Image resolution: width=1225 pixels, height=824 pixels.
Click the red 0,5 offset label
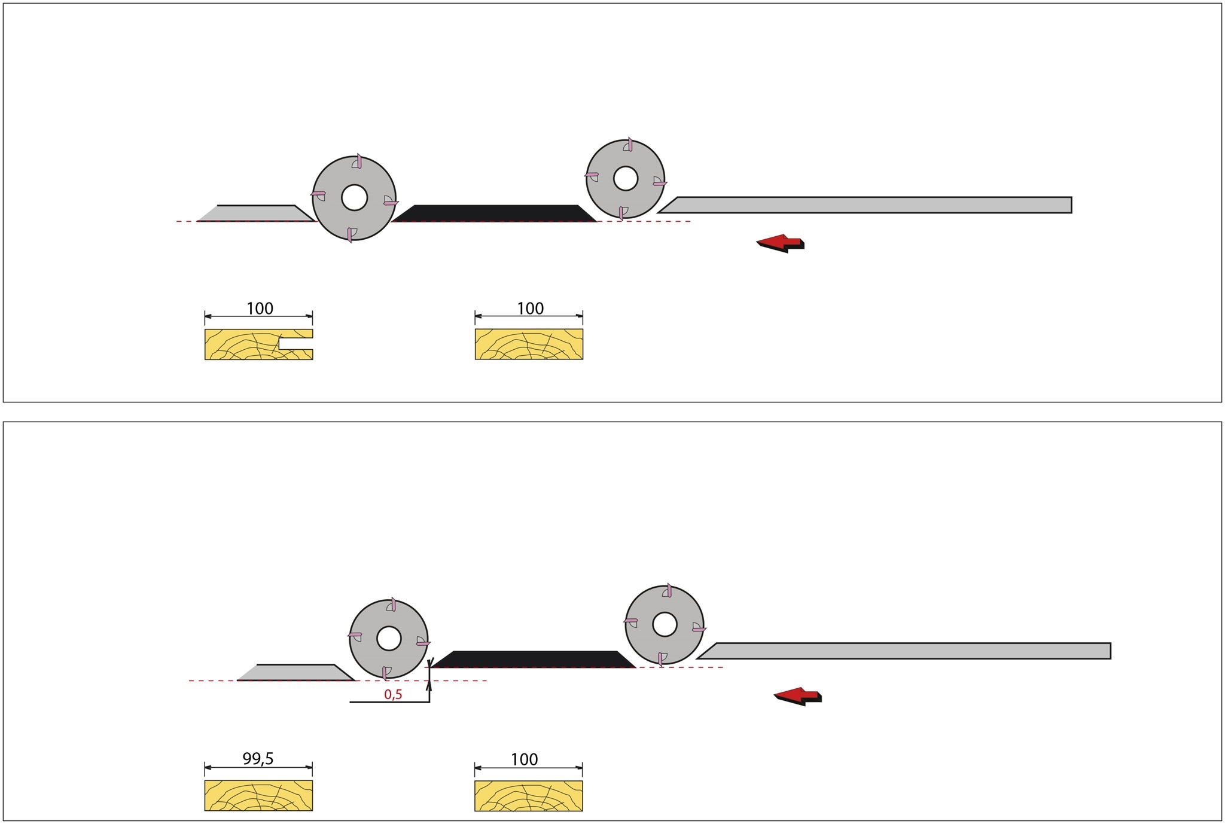[393, 694]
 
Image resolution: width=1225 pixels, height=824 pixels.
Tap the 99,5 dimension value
[258, 759]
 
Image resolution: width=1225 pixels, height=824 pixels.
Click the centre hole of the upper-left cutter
[354, 198]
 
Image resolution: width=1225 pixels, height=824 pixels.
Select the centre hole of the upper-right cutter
[626, 178]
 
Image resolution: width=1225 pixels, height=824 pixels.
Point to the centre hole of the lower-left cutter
[389, 639]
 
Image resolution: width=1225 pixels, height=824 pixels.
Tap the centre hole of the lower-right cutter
[665, 625]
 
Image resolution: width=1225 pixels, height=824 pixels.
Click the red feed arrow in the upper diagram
[780, 243]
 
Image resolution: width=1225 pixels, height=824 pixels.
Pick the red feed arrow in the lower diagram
[797, 696]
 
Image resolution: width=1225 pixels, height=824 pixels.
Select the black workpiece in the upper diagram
[494, 213]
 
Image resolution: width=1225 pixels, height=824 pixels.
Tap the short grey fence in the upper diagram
[257, 213]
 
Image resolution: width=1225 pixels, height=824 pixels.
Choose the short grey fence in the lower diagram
[296, 673]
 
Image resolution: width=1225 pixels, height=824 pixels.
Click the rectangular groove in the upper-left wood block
[295, 344]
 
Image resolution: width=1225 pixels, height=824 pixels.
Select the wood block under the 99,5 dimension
[258, 795]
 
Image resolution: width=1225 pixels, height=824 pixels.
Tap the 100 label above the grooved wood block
[260, 309]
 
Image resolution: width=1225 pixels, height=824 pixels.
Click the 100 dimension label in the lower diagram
[524, 759]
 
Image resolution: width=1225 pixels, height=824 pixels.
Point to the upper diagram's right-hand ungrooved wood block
[529, 344]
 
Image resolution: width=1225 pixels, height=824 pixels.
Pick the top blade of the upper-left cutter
[358, 161]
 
